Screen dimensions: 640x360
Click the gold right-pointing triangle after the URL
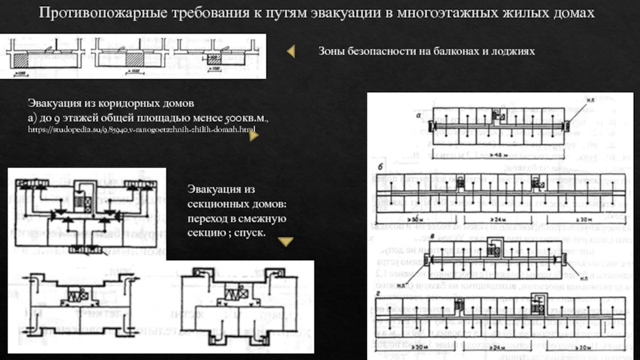click(x=253, y=136)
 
